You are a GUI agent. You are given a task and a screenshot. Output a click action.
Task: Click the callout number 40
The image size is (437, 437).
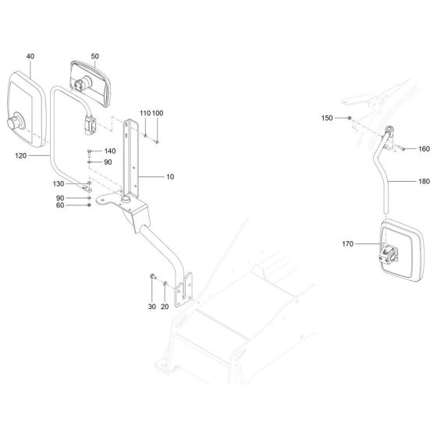point(30,56)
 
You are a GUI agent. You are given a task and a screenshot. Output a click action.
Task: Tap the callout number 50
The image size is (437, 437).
point(95,56)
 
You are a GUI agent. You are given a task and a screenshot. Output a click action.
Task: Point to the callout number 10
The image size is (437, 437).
point(170,177)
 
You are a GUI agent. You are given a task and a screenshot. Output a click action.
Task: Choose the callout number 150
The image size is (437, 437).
point(328,118)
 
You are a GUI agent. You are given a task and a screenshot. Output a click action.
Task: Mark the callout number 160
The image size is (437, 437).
point(424,148)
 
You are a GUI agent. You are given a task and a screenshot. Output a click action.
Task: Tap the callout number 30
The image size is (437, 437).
point(152,307)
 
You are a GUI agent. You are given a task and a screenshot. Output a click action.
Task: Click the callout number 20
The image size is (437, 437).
point(165,307)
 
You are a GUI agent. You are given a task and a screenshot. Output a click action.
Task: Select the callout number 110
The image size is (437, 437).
point(144,114)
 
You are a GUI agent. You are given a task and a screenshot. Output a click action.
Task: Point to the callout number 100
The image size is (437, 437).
point(158,114)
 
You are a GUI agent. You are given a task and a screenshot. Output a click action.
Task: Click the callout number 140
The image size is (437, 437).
point(109,151)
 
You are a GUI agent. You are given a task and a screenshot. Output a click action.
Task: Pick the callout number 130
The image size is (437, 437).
point(59,183)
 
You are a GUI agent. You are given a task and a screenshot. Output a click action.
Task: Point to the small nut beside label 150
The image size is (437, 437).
point(349,118)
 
